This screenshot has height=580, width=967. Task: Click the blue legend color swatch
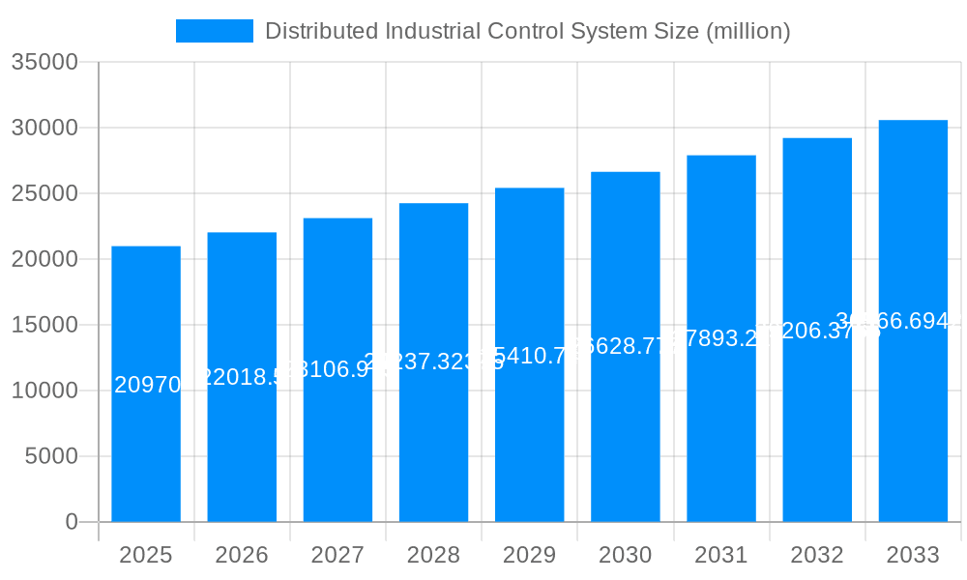coord(214,31)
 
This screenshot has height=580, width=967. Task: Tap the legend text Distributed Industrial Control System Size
coord(527,31)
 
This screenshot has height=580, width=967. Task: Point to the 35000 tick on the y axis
coord(44,62)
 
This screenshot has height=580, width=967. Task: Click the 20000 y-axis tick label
coord(44,259)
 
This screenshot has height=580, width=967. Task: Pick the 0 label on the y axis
coord(71,522)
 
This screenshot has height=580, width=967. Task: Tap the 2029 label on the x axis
coord(529,555)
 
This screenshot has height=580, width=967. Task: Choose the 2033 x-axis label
coord(913,555)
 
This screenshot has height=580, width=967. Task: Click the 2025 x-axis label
coord(146,555)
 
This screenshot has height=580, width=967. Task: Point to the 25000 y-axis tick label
coord(44,193)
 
